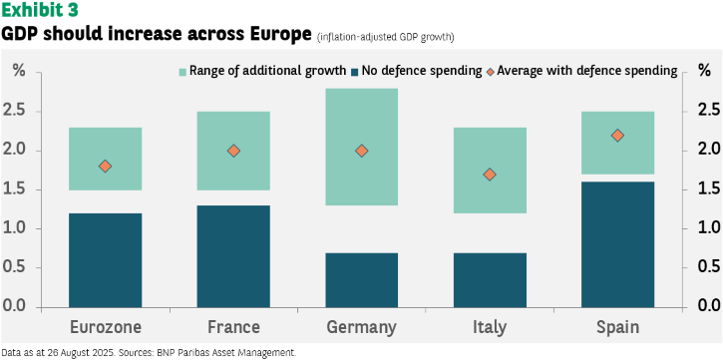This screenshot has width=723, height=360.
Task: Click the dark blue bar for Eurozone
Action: (105, 260)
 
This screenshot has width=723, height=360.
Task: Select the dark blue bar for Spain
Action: (618, 244)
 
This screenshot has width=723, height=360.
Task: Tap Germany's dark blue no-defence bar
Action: (361, 280)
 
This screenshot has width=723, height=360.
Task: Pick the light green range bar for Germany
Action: (361, 147)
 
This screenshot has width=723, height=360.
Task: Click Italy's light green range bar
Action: (490, 171)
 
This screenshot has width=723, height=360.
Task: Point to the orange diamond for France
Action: (233, 151)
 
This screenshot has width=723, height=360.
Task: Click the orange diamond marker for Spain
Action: (618, 135)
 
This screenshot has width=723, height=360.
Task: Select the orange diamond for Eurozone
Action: (105, 167)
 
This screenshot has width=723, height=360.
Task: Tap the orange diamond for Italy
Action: (490, 175)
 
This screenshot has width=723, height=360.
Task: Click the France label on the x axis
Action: (233, 327)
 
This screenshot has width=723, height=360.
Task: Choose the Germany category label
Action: (361, 328)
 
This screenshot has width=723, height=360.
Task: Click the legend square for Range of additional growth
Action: (183, 72)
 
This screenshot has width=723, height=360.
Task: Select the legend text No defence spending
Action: (422, 71)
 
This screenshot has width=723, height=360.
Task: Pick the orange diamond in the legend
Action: (491, 72)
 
